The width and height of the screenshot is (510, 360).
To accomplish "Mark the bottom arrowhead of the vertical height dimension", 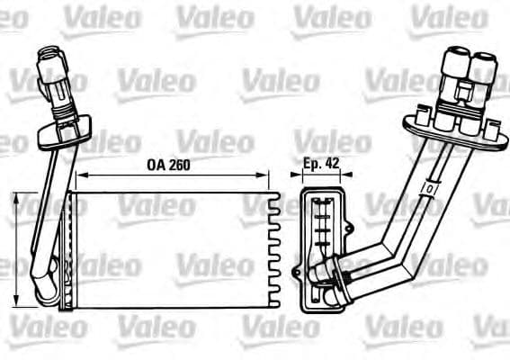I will pos(20,302).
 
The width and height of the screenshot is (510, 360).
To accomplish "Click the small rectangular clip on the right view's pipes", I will pos(431,188).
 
